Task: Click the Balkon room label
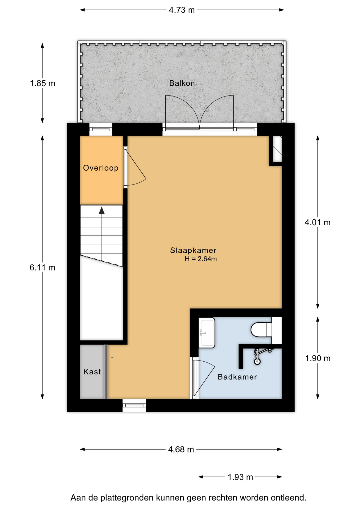click(182, 83)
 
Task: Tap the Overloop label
click(101, 168)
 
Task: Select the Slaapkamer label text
click(193, 250)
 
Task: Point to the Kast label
click(92, 372)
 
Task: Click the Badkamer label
click(237, 377)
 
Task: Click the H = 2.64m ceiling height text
click(201, 259)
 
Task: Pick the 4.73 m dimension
click(182, 10)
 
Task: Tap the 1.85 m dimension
click(42, 83)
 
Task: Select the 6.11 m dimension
click(42, 267)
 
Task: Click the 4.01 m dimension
click(318, 222)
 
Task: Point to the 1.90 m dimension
click(318, 358)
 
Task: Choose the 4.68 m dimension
click(181, 449)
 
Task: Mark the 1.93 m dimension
click(240, 477)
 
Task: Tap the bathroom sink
click(207, 333)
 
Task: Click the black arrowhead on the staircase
click(102, 211)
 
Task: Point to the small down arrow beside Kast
click(112, 356)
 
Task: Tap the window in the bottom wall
click(134, 405)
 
